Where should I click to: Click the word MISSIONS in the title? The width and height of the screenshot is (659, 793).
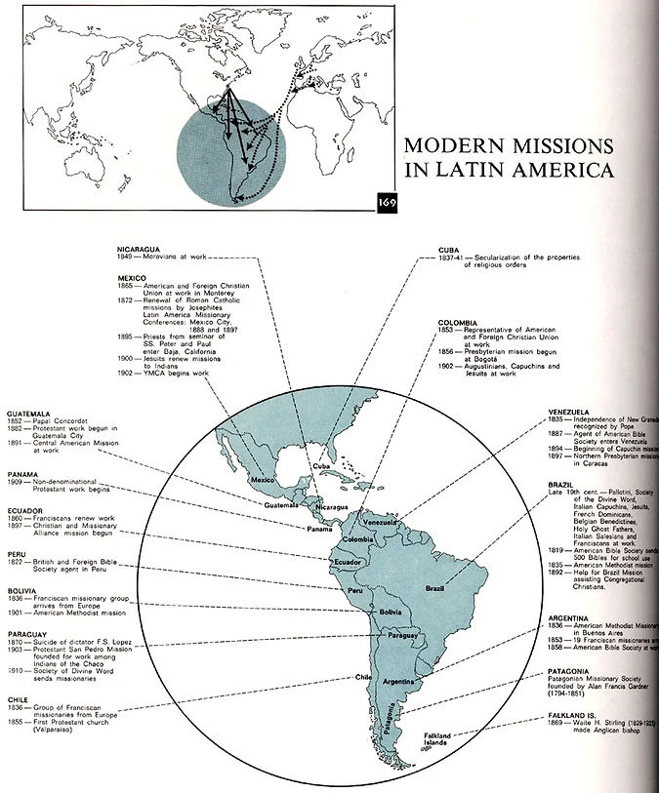[557, 146]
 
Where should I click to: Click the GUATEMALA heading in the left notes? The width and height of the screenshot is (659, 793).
[28, 414]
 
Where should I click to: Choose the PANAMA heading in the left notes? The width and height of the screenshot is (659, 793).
[22, 475]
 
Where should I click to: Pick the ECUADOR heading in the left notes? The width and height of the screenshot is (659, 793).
[25, 507]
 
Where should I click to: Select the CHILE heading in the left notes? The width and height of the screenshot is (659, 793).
[19, 698]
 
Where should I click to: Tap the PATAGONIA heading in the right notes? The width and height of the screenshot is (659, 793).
[568, 674]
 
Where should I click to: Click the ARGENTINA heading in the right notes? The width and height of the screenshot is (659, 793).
[570, 617]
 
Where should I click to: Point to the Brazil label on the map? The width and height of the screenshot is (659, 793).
[436, 588]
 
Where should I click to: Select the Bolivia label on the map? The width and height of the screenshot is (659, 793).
[391, 612]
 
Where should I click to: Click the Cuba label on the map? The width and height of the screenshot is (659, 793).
[323, 467]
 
